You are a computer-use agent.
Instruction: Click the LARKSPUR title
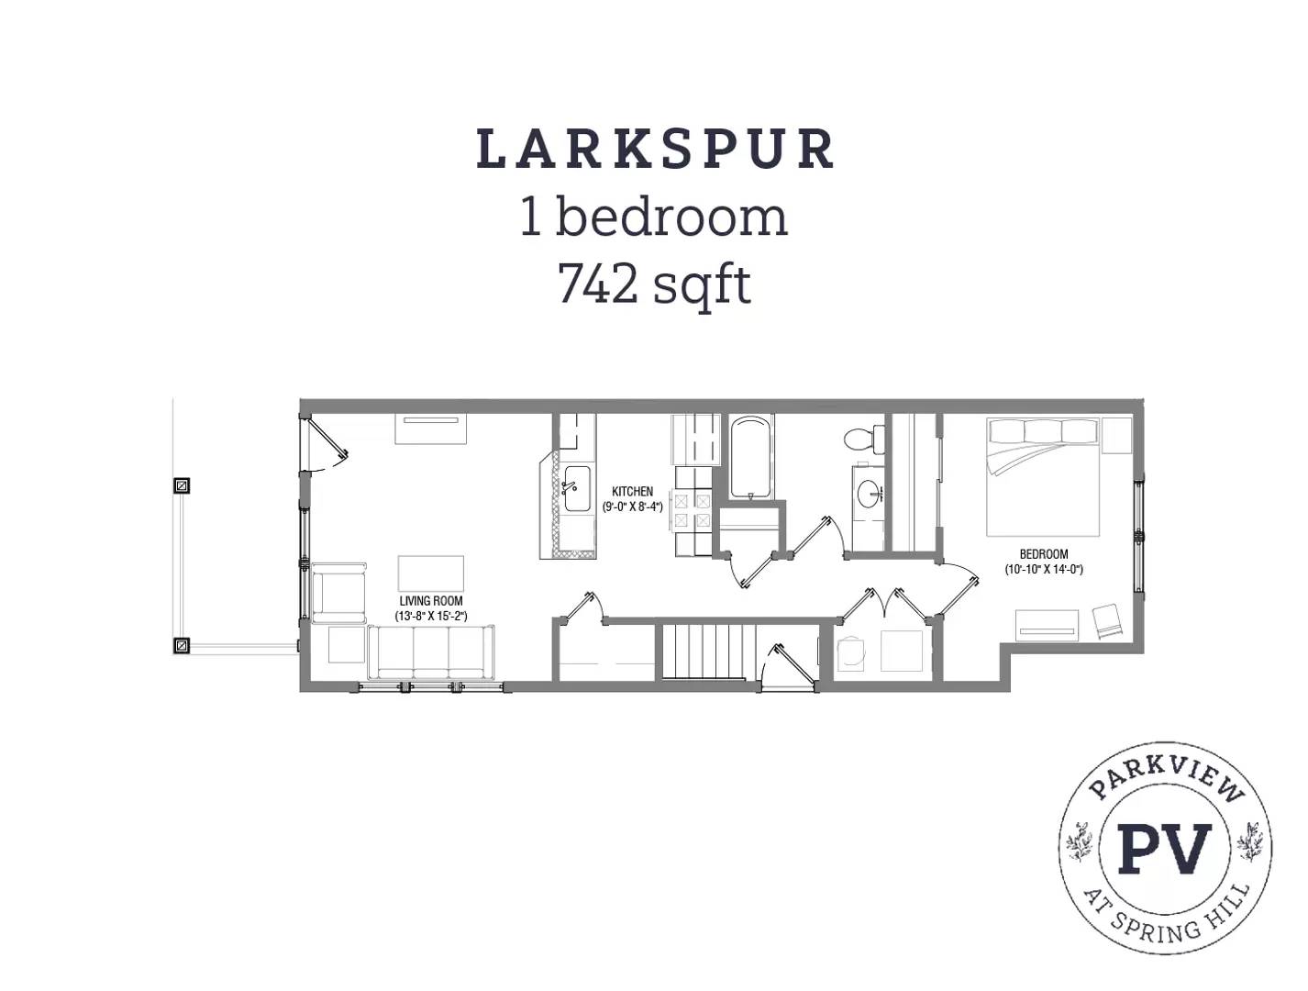pyautogui.click(x=655, y=150)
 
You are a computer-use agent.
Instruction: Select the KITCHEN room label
pyautogui.click(x=632, y=492)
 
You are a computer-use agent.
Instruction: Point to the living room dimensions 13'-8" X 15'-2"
pyautogui.click(x=431, y=617)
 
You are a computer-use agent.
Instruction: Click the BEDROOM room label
pyautogui.click(x=1044, y=554)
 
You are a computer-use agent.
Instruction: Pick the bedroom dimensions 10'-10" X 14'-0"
pyautogui.click(x=1044, y=569)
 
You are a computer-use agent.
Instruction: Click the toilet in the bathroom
pyautogui.click(x=859, y=439)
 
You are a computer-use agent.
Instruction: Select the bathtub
pyautogui.click(x=751, y=457)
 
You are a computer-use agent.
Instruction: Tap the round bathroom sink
pyautogui.click(x=868, y=495)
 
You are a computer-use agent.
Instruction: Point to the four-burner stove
pyautogui.click(x=692, y=511)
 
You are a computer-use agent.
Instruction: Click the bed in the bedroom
pyautogui.click(x=1043, y=475)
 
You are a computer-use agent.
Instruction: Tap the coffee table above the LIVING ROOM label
pyautogui.click(x=430, y=573)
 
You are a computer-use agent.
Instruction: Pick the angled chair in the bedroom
pyautogui.click(x=1107, y=622)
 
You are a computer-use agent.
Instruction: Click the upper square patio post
pyautogui.click(x=182, y=485)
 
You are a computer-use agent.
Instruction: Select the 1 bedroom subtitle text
pyautogui.click(x=654, y=217)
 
